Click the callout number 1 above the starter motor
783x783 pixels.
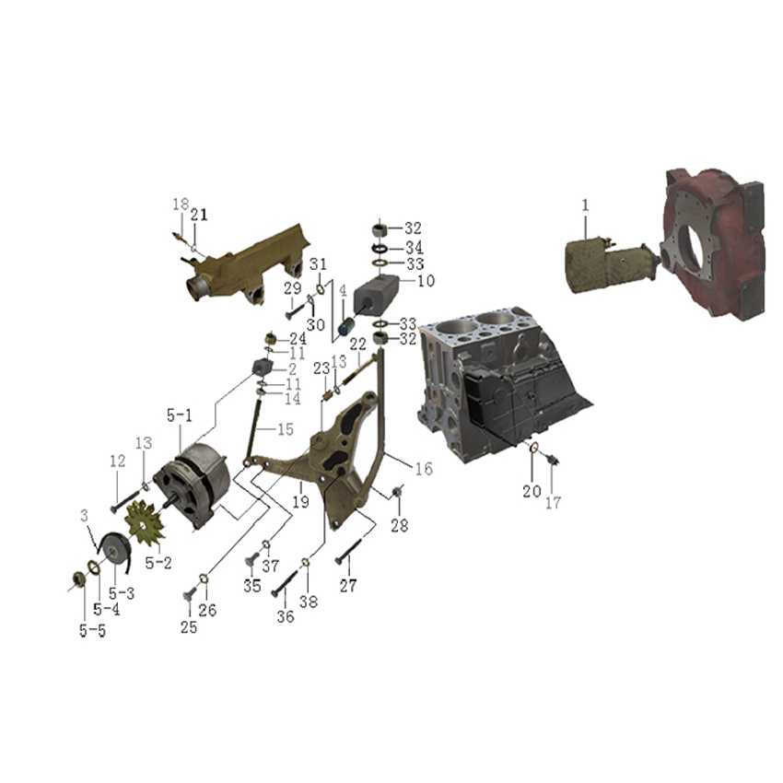585,205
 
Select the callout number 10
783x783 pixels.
426,281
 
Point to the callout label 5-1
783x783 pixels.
179,415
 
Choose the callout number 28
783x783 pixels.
400,525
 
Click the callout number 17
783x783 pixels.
553,502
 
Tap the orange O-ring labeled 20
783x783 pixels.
533,448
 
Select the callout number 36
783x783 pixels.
286,616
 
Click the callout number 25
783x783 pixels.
189,626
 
